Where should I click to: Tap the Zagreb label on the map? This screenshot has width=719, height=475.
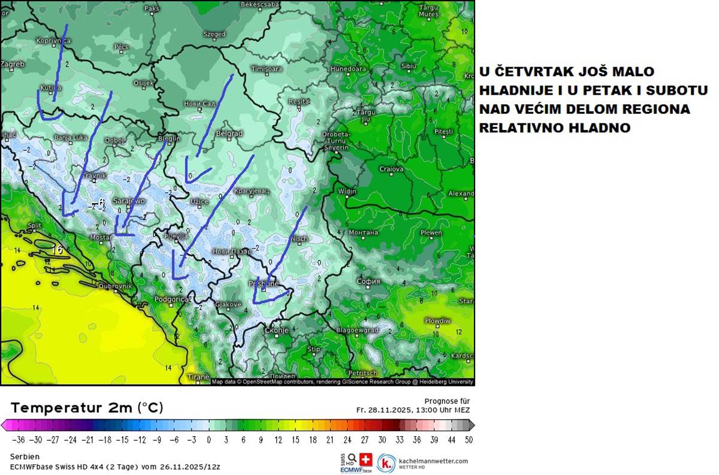[13, 64]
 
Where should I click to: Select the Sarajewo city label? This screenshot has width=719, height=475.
[129, 201]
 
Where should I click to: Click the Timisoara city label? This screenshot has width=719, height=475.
[267, 69]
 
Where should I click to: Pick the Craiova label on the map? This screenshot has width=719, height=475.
[392, 169]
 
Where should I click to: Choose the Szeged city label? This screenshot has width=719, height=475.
[214, 35]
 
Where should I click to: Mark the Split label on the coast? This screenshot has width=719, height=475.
[34, 226]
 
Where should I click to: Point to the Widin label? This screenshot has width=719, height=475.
[347, 192]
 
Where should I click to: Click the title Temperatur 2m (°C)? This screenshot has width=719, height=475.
[87, 408]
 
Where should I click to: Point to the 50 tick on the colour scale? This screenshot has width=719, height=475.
[468, 439]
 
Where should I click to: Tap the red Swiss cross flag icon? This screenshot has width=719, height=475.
[365, 459]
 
